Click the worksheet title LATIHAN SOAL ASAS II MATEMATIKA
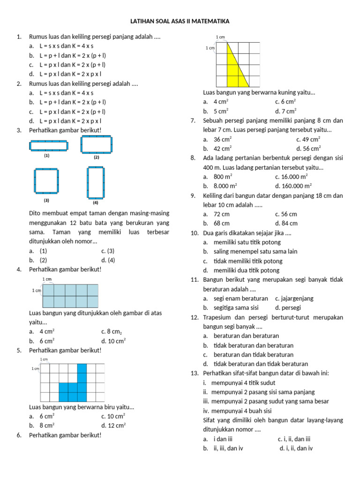(180, 22)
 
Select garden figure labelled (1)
(48, 146)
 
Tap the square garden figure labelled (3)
(46, 180)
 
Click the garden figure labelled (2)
(97, 144)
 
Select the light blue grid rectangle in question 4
(70, 296)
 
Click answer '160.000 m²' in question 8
(297, 186)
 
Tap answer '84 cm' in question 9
(290, 223)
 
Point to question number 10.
(195, 233)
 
